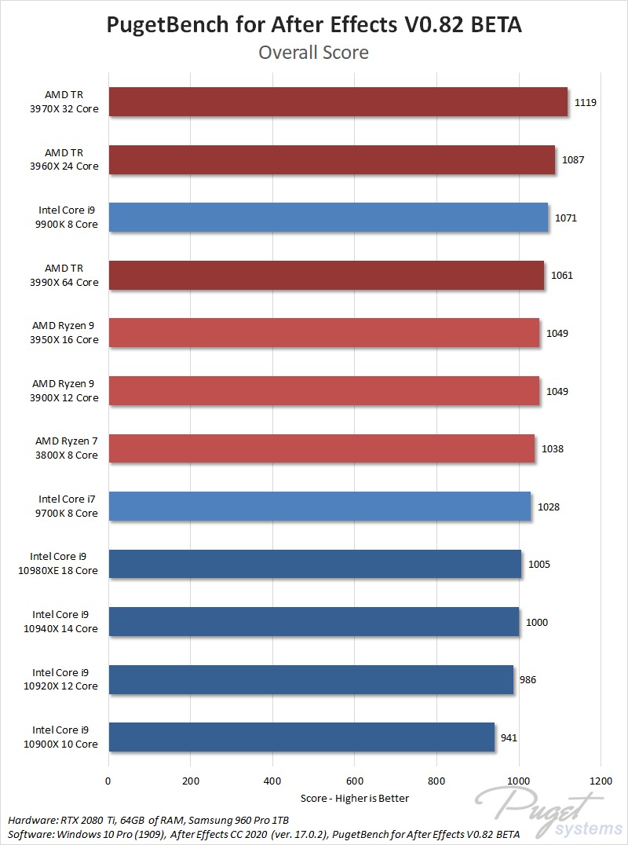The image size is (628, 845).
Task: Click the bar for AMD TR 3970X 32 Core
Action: [x=338, y=102]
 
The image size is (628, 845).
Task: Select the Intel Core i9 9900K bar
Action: [x=328, y=218]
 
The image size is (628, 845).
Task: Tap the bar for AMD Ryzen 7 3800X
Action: [x=322, y=448]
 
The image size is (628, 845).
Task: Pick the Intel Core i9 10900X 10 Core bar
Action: [x=301, y=737]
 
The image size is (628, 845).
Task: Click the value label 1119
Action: [x=586, y=102]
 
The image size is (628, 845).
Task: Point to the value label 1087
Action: [x=573, y=160]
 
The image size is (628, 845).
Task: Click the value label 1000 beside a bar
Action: [x=537, y=622]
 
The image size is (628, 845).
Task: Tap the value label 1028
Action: [x=549, y=507]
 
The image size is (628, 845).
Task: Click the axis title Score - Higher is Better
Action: [x=354, y=798]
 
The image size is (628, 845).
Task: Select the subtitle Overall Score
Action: [x=313, y=53]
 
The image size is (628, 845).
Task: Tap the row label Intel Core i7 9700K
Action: [x=68, y=507]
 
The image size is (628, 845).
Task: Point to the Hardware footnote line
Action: [x=149, y=820]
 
